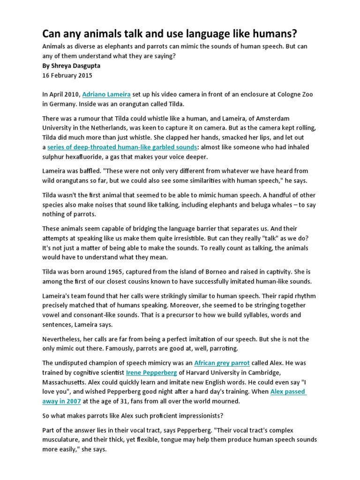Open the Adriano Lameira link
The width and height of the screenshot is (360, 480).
pyautogui.click(x=113, y=95)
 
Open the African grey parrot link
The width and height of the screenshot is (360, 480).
pyautogui.click(x=222, y=363)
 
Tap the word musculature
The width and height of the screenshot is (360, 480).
pyautogui.click(x=63, y=439)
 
